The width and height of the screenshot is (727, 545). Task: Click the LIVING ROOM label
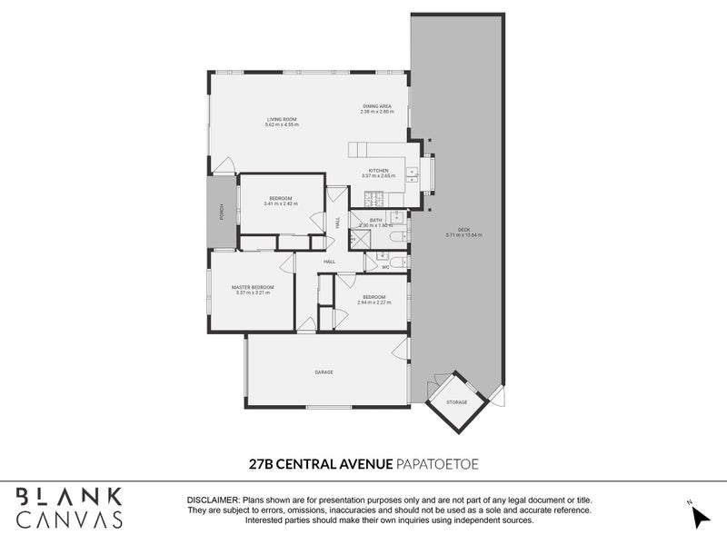coord(281,119)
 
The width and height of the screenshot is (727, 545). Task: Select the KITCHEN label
coord(377,170)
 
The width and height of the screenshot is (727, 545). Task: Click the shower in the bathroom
coord(361,238)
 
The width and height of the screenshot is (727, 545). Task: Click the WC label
coord(385,267)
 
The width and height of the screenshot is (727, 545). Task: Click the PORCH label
coord(220,212)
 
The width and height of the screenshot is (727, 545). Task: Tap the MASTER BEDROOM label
coord(253,287)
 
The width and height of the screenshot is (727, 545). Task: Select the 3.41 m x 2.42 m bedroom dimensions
coord(280,204)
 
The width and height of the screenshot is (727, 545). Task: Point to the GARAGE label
coord(324,372)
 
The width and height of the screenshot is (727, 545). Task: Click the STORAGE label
coord(457,401)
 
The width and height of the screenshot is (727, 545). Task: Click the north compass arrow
coord(701,516)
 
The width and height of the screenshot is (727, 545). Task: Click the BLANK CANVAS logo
coord(69,508)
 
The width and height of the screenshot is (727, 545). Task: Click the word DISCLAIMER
coord(213,500)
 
